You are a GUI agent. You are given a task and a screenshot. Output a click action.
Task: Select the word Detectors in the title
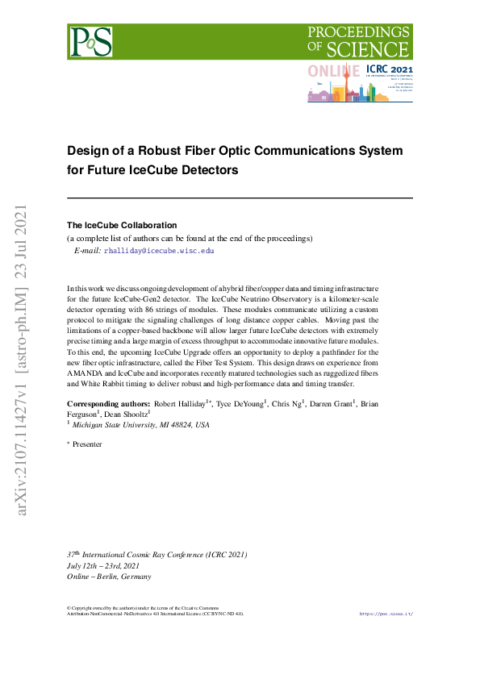click(x=207, y=171)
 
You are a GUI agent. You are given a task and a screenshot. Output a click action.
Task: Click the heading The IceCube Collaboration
click(x=121, y=225)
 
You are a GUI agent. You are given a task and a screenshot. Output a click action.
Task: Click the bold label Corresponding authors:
click(x=108, y=403)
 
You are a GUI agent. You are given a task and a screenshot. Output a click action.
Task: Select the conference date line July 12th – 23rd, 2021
click(x=109, y=566)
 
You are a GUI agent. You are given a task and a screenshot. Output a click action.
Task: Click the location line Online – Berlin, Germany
click(x=109, y=577)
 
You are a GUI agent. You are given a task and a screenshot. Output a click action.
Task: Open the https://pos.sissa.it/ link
click(x=386, y=614)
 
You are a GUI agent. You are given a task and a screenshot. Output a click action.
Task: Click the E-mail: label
click(x=87, y=251)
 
